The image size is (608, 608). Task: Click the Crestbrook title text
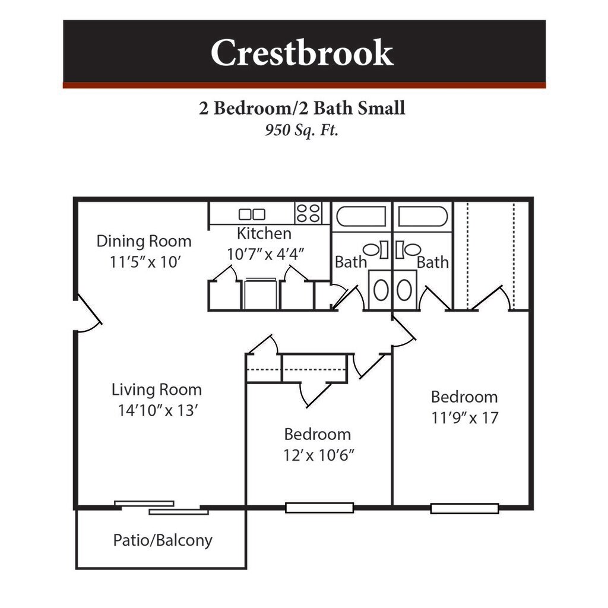(x=302, y=53)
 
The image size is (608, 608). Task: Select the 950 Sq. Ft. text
(x=302, y=130)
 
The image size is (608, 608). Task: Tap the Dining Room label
(x=144, y=241)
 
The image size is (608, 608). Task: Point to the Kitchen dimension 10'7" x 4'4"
(x=265, y=254)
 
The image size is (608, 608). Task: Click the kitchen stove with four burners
(x=309, y=213)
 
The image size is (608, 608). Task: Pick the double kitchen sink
(x=252, y=214)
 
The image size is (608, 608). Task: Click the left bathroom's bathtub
(x=361, y=217)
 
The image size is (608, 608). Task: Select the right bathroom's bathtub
(x=423, y=217)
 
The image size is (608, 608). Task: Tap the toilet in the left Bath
(x=372, y=250)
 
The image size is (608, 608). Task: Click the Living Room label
(x=157, y=389)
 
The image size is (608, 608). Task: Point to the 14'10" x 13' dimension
(x=157, y=410)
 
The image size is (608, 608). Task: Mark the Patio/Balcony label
(x=162, y=540)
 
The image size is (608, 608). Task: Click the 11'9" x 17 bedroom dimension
(x=464, y=417)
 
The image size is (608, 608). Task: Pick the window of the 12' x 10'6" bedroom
(x=319, y=508)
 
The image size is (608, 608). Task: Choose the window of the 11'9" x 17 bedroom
(x=464, y=508)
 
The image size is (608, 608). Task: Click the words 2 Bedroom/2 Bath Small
(x=302, y=108)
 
